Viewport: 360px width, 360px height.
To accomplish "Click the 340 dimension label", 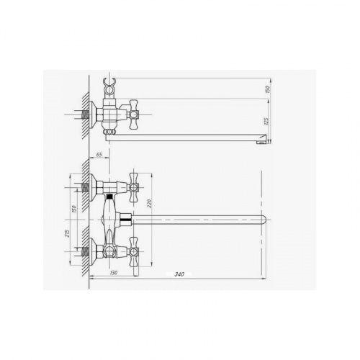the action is [x=179, y=274].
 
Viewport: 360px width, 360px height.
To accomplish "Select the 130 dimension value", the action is [x=114, y=273].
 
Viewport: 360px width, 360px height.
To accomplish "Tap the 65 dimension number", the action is [x=99, y=155].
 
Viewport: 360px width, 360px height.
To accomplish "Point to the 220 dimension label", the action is [x=149, y=204].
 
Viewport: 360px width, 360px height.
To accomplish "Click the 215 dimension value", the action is [x=68, y=233].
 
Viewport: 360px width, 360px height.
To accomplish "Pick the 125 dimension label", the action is [x=266, y=121].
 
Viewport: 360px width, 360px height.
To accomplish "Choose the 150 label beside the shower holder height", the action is [x=269, y=89].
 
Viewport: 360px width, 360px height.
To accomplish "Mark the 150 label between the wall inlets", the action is [x=74, y=209].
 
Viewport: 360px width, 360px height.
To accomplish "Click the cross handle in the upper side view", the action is [x=134, y=114].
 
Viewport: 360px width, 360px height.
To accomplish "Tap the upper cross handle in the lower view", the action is [x=134, y=187].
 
